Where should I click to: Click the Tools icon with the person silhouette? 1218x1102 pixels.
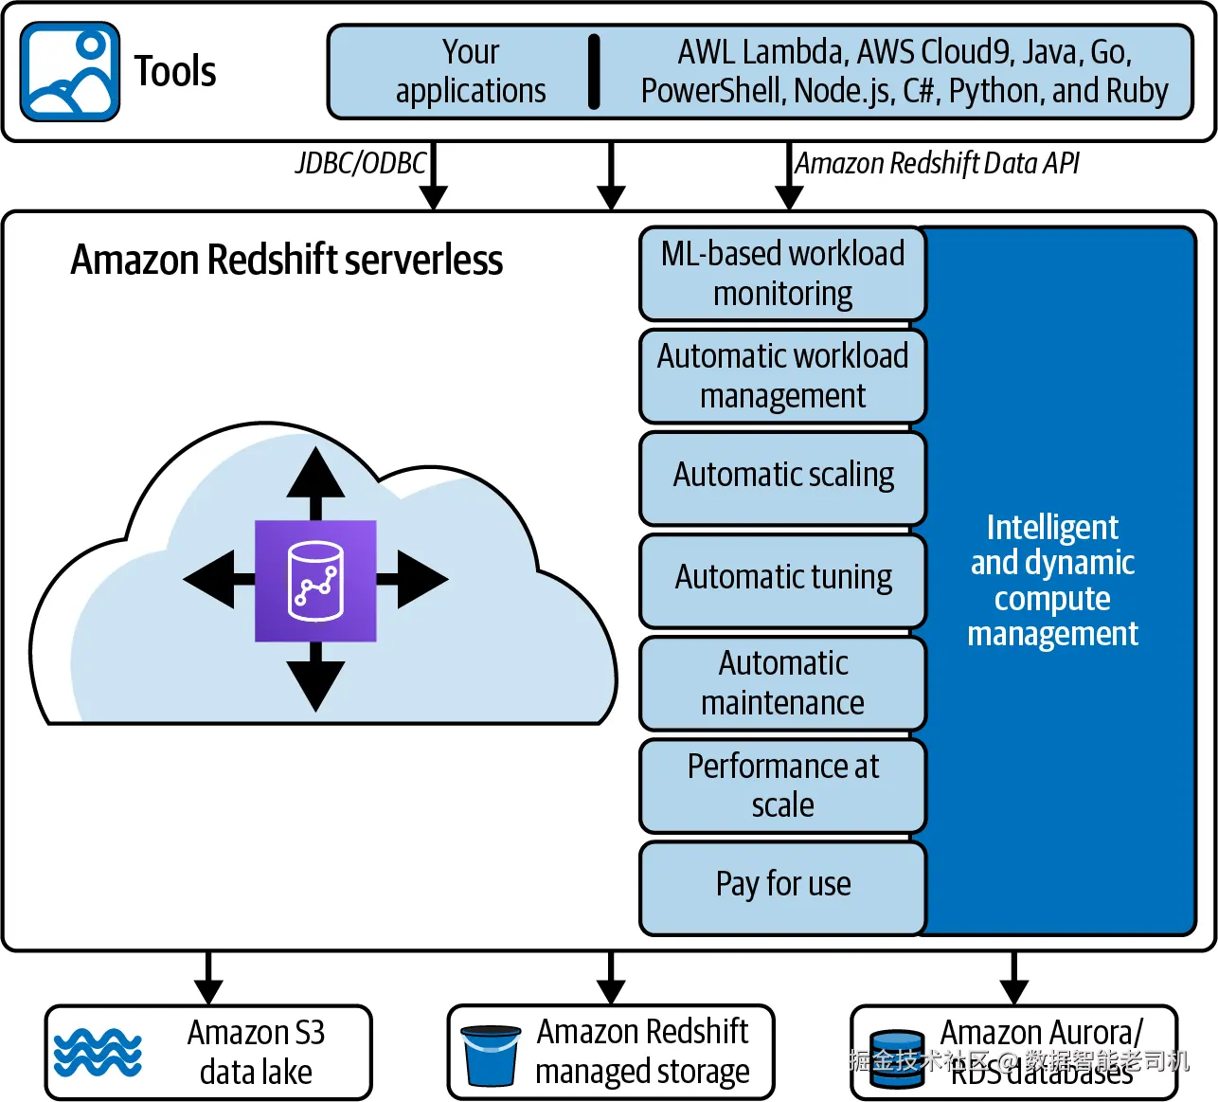[x=69, y=72]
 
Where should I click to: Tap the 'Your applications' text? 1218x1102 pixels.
[x=471, y=71]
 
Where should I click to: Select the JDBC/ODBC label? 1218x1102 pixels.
[x=361, y=163]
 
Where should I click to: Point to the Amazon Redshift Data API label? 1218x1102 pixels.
[x=937, y=163]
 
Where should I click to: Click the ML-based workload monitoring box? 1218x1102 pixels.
[x=782, y=274]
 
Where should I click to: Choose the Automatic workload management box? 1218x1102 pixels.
[x=782, y=376]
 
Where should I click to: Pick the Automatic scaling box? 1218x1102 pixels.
[x=782, y=475]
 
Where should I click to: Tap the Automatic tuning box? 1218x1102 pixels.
[x=782, y=577]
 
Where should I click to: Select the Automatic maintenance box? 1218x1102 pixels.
[x=782, y=683]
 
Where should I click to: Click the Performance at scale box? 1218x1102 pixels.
[x=782, y=786]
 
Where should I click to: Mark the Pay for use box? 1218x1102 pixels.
[x=782, y=885]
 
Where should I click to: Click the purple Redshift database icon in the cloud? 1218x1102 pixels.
[x=315, y=580]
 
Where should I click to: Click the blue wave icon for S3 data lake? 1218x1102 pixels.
[x=98, y=1053]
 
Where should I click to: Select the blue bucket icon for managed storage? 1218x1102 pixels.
[x=491, y=1055]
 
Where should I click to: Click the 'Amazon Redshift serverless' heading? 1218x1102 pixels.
[x=286, y=261]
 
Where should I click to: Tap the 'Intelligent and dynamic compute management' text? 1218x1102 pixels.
[x=1052, y=580]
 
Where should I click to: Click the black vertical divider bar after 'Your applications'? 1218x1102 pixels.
[x=594, y=72]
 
